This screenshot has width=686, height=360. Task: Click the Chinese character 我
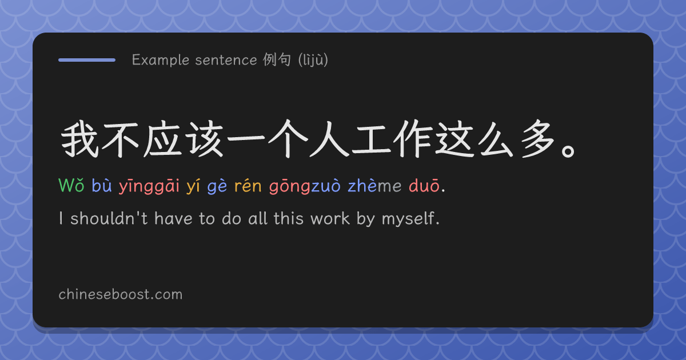pos(79,139)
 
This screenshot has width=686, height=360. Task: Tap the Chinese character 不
pos(120,140)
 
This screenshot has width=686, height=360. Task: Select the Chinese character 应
pos(162,139)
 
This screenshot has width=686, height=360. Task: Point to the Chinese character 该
pos(205,139)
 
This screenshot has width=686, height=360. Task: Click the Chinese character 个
pos(288,139)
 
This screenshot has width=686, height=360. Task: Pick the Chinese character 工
pos(371,140)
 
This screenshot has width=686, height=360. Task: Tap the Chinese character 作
pos(413,139)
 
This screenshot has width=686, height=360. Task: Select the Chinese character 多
pos(538,139)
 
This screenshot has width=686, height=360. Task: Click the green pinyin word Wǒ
pos(71,186)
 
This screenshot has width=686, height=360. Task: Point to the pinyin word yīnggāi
pos(149,186)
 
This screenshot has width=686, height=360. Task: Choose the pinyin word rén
pos(248,186)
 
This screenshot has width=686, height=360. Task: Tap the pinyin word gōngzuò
pos(305,186)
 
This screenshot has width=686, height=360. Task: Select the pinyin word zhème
pos(374,185)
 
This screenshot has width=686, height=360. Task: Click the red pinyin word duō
pos(424,185)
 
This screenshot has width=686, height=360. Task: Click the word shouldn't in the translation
pos(109,218)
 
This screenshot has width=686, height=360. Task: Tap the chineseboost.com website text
pos(121,294)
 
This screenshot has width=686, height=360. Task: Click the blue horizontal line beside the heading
pos(87,60)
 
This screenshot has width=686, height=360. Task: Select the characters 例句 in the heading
pos(277,59)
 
